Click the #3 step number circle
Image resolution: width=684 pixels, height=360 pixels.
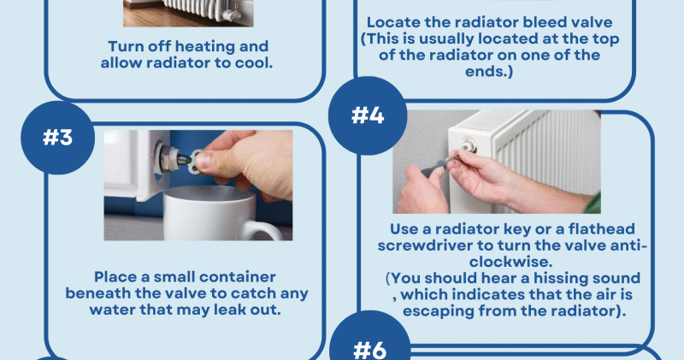57,138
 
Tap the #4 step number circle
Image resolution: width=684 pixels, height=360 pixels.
368,115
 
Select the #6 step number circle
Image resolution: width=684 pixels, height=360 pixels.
370,336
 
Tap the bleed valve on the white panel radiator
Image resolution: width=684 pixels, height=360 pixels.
469,145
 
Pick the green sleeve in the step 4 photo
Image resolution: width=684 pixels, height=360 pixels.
593,203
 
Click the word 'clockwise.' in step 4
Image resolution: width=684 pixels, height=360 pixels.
510,262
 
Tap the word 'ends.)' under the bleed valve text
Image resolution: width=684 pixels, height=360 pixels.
489,71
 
